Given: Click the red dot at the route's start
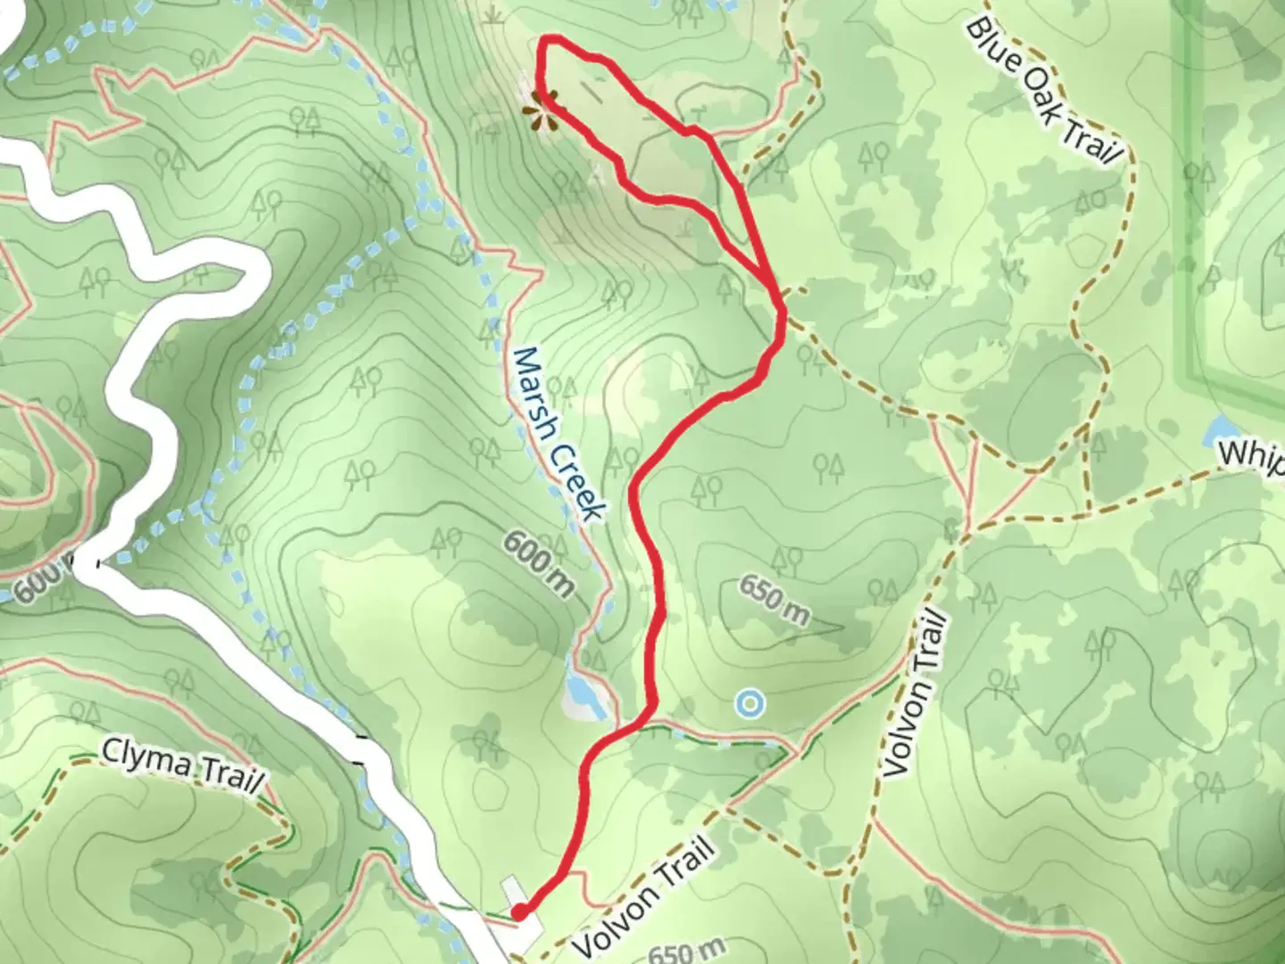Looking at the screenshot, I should tap(518, 911).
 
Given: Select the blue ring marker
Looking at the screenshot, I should tap(750, 703).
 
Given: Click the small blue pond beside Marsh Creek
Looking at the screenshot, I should tap(581, 691).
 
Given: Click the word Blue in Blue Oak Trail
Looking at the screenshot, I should tap(993, 45).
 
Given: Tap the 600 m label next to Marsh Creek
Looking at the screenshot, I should tap(539, 562).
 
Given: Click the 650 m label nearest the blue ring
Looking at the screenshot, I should tap(774, 600).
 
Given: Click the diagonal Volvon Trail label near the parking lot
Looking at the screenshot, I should tap(644, 895).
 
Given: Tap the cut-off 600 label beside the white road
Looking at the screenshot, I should tap(37, 584).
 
